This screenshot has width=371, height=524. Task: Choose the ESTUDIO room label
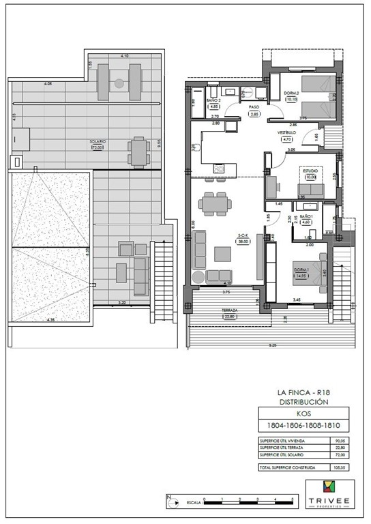pos(311,173)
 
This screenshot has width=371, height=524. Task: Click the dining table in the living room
pos(214,203)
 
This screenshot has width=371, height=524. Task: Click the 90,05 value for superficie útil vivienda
pos(339,441)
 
